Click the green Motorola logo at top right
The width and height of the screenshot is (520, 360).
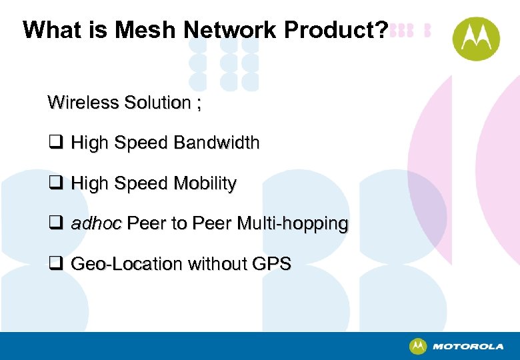(x=476, y=39)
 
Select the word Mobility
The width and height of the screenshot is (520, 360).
(x=205, y=183)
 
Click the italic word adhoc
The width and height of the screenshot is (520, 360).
(x=96, y=223)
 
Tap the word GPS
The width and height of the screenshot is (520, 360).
(x=271, y=264)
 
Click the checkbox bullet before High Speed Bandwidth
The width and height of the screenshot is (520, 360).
(x=55, y=143)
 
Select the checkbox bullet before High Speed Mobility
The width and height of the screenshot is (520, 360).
(x=55, y=183)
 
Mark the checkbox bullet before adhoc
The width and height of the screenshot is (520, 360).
(x=55, y=223)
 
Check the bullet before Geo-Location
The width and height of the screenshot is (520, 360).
(x=55, y=264)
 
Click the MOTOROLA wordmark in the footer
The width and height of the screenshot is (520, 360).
(x=468, y=347)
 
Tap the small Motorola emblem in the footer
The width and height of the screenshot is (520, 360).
(x=418, y=346)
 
